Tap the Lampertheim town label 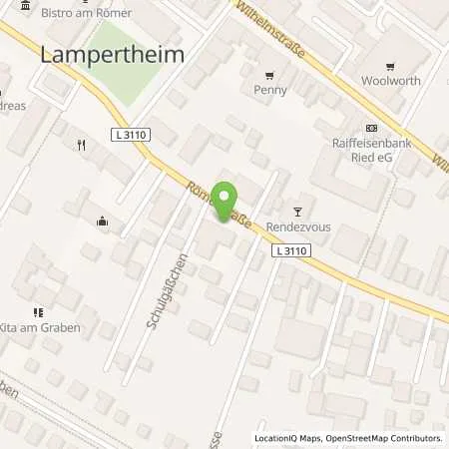coord(112,56)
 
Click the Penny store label coord(270,90)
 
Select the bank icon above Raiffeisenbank coord(372,128)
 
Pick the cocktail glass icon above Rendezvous coord(296,211)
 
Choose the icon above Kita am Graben coord(37,311)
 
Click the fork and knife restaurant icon coord(81,145)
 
